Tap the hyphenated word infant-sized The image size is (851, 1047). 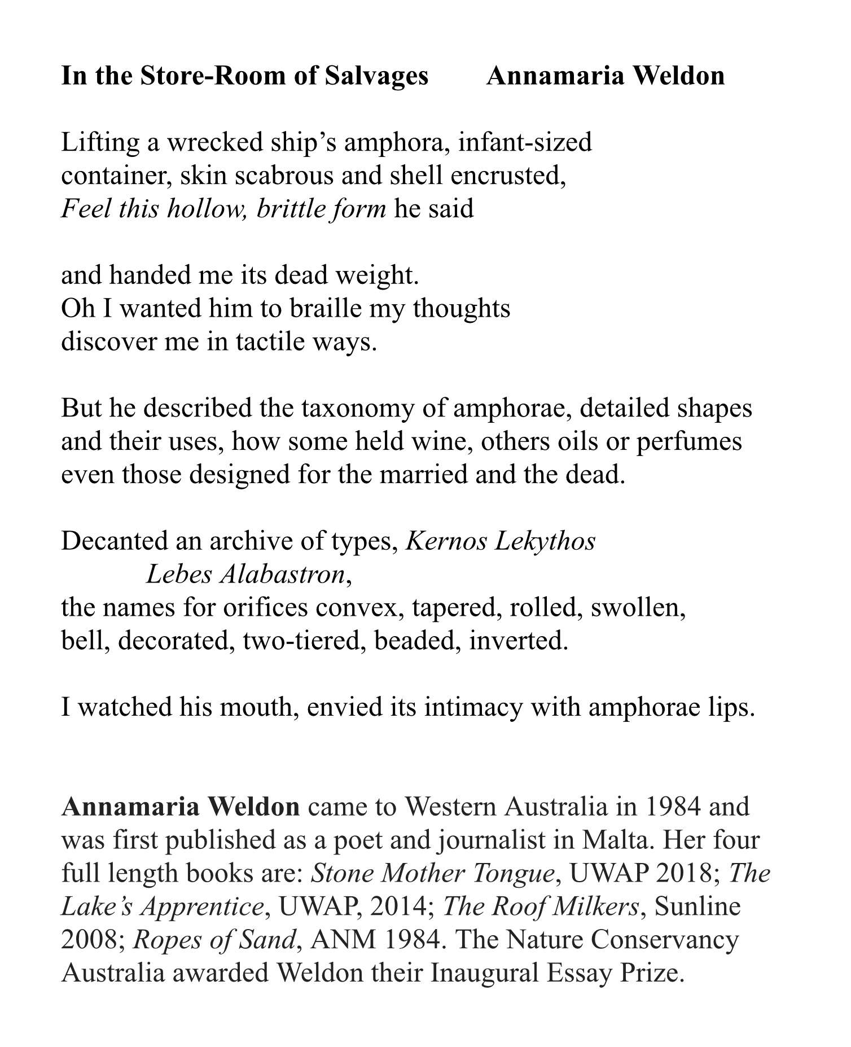[x=525, y=142]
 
